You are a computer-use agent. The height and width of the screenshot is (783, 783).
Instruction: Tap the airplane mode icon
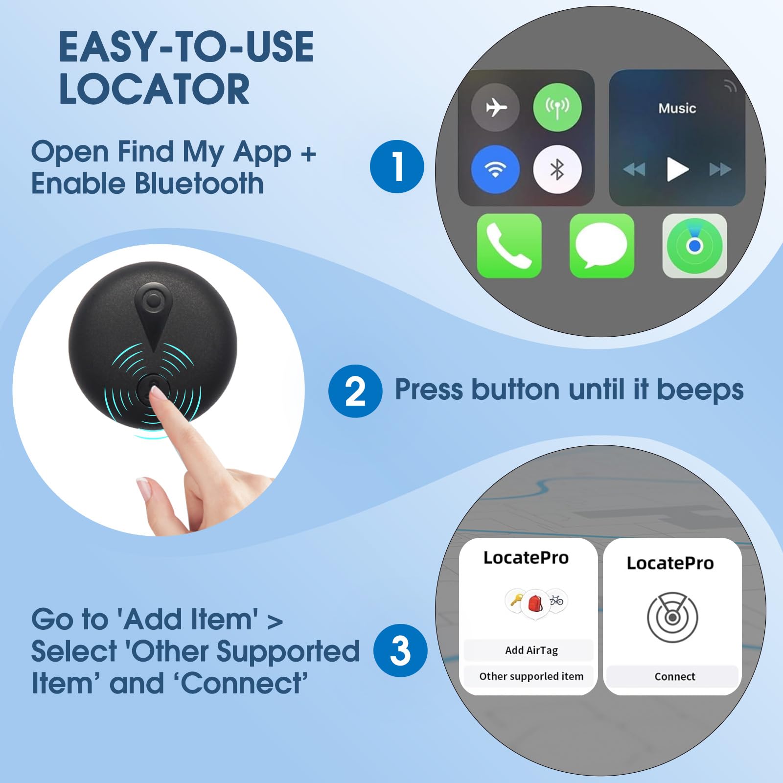(x=495, y=107)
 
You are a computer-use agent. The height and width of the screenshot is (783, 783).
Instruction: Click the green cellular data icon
(x=557, y=107)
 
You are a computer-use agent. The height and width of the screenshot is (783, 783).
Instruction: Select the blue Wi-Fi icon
(x=495, y=169)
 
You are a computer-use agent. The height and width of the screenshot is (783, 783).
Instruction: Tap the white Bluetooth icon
(x=557, y=169)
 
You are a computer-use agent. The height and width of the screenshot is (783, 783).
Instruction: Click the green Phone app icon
(x=509, y=246)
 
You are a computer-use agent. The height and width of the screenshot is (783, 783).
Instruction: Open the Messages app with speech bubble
(x=601, y=246)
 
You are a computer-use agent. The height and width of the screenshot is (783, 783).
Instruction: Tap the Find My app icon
(x=694, y=246)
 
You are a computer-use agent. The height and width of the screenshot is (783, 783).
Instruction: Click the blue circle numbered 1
(x=397, y=166)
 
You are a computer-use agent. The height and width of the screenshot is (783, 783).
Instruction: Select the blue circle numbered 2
(x=355, y=391)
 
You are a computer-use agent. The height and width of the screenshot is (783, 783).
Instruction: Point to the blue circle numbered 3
(x=400, y=650)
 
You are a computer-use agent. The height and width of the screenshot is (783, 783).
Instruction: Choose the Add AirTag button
(x=530, y=650)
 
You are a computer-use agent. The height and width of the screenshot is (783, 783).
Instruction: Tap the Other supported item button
(x=530, y=676)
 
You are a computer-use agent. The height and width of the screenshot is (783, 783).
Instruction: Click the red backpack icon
(x=535, y=603)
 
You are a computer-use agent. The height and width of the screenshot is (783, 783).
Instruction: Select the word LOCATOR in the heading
(x=154, y=89)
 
